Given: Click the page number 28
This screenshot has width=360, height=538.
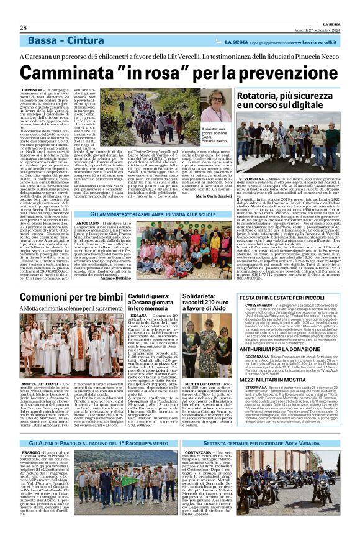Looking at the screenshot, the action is point(23,28).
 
